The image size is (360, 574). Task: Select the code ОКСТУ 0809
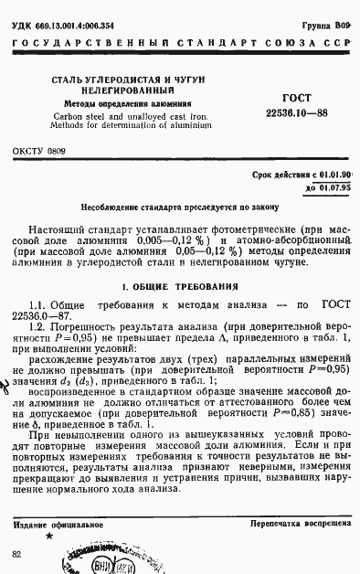click(x=39, y=148)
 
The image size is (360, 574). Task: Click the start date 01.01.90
click(x=335, y=174)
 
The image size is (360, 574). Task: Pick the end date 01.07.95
click(x=334, y=186)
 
